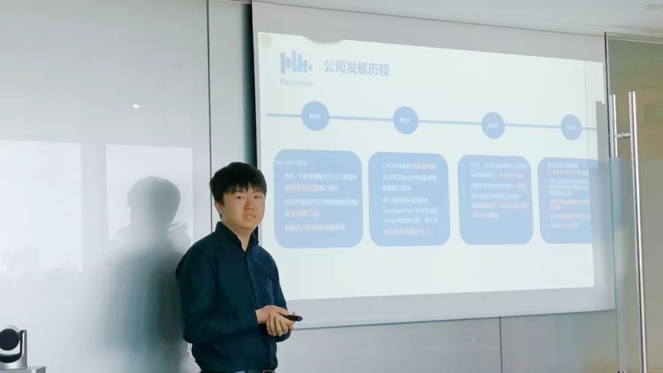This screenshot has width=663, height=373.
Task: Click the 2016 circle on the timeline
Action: point(315,116)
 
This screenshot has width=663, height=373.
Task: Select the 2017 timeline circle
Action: point(405,120)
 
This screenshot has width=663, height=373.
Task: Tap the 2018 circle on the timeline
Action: point(493,125)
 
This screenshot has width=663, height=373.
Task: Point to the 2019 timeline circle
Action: point(571,128)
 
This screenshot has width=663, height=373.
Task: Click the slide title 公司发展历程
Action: point(357,67)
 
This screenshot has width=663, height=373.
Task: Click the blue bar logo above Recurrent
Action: point(296,62)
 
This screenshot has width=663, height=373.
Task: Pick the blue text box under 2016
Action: point(317,198)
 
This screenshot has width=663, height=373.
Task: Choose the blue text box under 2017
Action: point(409,199)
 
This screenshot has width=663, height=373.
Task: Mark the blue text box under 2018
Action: point(495,199)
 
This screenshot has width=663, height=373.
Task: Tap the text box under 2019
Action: point(567,200)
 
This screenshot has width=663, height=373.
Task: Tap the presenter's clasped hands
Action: point(274,320)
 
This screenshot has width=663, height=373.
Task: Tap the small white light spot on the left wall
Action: point(136,106)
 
